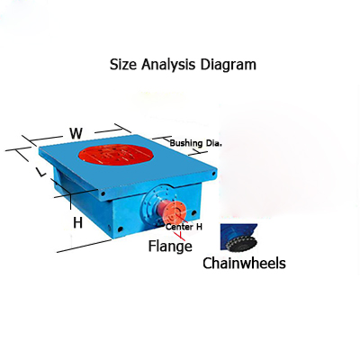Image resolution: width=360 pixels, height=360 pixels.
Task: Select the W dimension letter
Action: [x=76, y=133]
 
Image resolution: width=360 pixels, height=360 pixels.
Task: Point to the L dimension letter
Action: [x=41, y=172]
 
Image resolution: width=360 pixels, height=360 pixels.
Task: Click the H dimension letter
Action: [x=77, y=222]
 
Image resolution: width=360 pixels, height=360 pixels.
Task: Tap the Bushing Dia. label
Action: [x=196, y=143]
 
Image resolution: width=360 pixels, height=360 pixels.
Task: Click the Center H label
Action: [x=184, y=227]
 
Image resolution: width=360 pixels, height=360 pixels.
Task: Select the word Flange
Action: [x=170, y=246]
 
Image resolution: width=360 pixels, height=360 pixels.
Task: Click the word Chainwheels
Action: [x=244, y=263]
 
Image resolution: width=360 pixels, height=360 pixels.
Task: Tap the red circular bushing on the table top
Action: [x=116, y=155]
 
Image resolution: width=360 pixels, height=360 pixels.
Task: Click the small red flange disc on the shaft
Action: [x=175, y=212]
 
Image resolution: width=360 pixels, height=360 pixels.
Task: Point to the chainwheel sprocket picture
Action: [x=239, y=238]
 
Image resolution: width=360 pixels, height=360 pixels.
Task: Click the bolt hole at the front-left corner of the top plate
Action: [x=103, y=194]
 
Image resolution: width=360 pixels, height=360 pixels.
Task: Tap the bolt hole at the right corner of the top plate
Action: [x=214, y=174]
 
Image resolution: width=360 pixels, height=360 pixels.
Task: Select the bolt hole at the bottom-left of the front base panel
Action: [x=121, y=229]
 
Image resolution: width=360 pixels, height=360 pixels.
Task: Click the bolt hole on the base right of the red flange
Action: [x=193, y=213]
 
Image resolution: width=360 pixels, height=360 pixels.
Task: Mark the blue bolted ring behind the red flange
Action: [x=151, y=205]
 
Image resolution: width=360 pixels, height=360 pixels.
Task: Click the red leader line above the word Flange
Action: [x=181, y=236]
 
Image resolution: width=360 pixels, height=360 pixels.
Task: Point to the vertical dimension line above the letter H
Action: [x=70, y=202]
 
